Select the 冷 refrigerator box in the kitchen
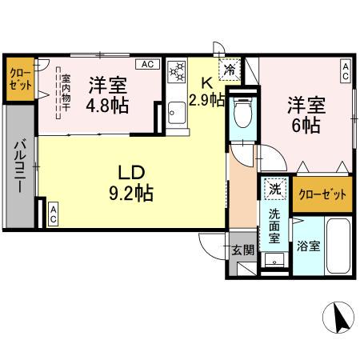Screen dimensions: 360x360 coord(230,70)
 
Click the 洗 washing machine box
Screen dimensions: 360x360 coord(274,189)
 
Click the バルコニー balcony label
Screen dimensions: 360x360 coord(18,165)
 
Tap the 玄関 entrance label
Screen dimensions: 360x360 coord(243,250)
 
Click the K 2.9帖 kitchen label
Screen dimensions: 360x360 coord(206,90)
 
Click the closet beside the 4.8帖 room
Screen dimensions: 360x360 coord(20,80)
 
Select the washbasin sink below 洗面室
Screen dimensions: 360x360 coord(274,259)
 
